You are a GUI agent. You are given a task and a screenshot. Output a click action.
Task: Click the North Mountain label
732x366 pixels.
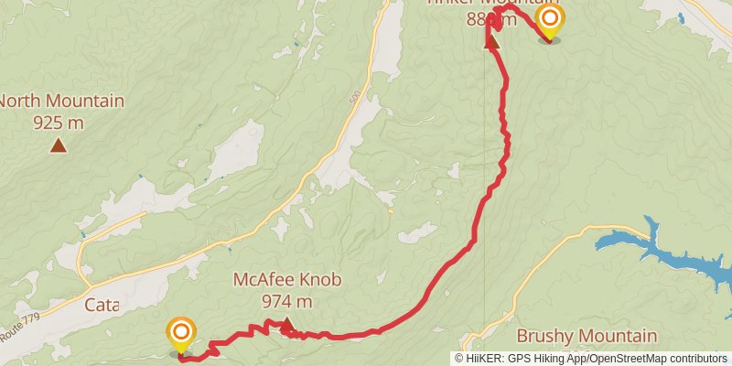(x=62, y=101)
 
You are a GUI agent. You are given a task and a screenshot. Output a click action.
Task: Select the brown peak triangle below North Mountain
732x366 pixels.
(x=59, y=145)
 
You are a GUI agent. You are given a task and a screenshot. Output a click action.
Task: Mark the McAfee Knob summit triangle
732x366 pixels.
(x=286, y=323)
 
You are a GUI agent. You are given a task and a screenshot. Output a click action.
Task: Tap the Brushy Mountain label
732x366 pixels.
(x=587, y=336)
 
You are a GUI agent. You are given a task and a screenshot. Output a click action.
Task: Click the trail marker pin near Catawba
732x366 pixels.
(x=181, y=333)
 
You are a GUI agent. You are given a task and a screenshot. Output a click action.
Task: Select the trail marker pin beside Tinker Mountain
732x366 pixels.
(x=549, y=21)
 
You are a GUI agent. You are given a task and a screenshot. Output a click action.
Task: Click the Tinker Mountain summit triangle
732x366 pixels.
(x=491, y=41)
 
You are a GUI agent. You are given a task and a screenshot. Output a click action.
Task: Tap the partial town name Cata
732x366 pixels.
(x=101, y=304)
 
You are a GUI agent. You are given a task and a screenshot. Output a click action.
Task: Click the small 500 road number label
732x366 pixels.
(x=354, y=96)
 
